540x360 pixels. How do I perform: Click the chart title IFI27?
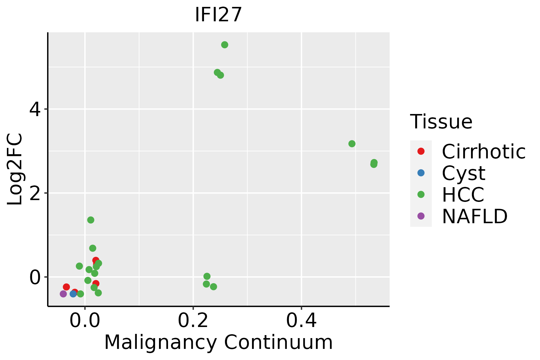click(x=218, y=14)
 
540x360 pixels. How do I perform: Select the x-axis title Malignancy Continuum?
click(x=218, y=342)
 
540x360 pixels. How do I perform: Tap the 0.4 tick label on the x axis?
click(x=301, y=321)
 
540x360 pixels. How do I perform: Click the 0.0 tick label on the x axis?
click(x=85, y=321)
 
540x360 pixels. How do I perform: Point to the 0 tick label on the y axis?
click(x=35, y=277)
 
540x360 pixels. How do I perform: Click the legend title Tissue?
click(x=441, y=122)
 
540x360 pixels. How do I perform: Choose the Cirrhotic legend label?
click(x=484, y=151)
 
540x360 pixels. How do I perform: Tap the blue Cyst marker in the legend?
click(x=421, y=173)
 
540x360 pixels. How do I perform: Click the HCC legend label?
click(x=463, y=194)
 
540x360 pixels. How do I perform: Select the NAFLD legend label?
click(x=475, y=216)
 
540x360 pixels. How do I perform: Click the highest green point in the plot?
click(x=225, y=45)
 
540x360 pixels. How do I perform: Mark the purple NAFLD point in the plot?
click(x=63, y=294)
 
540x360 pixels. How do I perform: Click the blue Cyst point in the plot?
click(x=73, y=294)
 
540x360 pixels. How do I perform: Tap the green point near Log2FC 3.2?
click(x=352, y=144)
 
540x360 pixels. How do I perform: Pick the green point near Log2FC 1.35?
click(x=91, y=220)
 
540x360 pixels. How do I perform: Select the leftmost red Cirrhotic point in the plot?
click(x=66, y=287)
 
